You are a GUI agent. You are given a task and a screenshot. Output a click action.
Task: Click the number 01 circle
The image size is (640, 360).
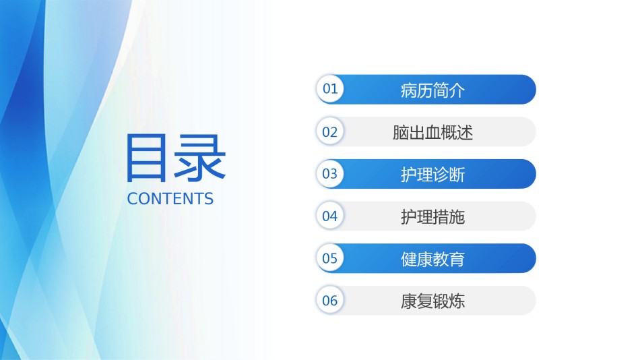(330, 89)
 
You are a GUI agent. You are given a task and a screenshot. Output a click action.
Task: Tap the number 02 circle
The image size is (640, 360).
(330, 131)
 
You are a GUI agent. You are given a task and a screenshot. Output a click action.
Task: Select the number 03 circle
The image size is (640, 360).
(330, 174)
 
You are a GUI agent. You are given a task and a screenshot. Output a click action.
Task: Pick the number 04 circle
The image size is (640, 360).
(330, 216)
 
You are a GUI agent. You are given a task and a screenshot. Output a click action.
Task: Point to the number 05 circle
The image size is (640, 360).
(330, 258)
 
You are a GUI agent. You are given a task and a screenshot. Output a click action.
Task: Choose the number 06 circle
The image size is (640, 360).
(330, 301)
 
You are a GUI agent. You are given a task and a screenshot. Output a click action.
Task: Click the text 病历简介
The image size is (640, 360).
(433, 90)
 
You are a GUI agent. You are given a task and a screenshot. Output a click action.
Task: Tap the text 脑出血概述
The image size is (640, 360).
(433, 132)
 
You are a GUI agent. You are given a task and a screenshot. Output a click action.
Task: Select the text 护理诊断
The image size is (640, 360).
(433, 175)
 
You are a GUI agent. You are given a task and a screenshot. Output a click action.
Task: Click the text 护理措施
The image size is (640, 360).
(433, 216)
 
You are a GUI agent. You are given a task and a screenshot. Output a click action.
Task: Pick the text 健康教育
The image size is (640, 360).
(433, 259)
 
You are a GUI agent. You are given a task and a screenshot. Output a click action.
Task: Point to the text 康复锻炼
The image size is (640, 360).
(433, 301)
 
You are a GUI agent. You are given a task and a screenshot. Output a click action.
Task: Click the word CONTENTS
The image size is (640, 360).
(170, 199)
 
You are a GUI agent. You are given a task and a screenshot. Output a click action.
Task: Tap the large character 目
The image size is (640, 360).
(146, 158)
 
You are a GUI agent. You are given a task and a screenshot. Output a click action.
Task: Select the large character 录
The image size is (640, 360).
(200, 158)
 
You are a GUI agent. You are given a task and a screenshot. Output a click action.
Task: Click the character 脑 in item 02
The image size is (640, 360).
(400, 132)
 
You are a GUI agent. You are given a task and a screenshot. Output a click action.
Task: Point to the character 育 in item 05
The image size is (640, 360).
(457, 259)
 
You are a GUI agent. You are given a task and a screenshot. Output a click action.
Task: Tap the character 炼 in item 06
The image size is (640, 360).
(457, 301)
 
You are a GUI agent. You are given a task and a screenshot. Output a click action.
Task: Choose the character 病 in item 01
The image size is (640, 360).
(408, 90)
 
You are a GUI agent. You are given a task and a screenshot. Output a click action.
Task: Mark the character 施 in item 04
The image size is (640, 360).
(457, 216)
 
